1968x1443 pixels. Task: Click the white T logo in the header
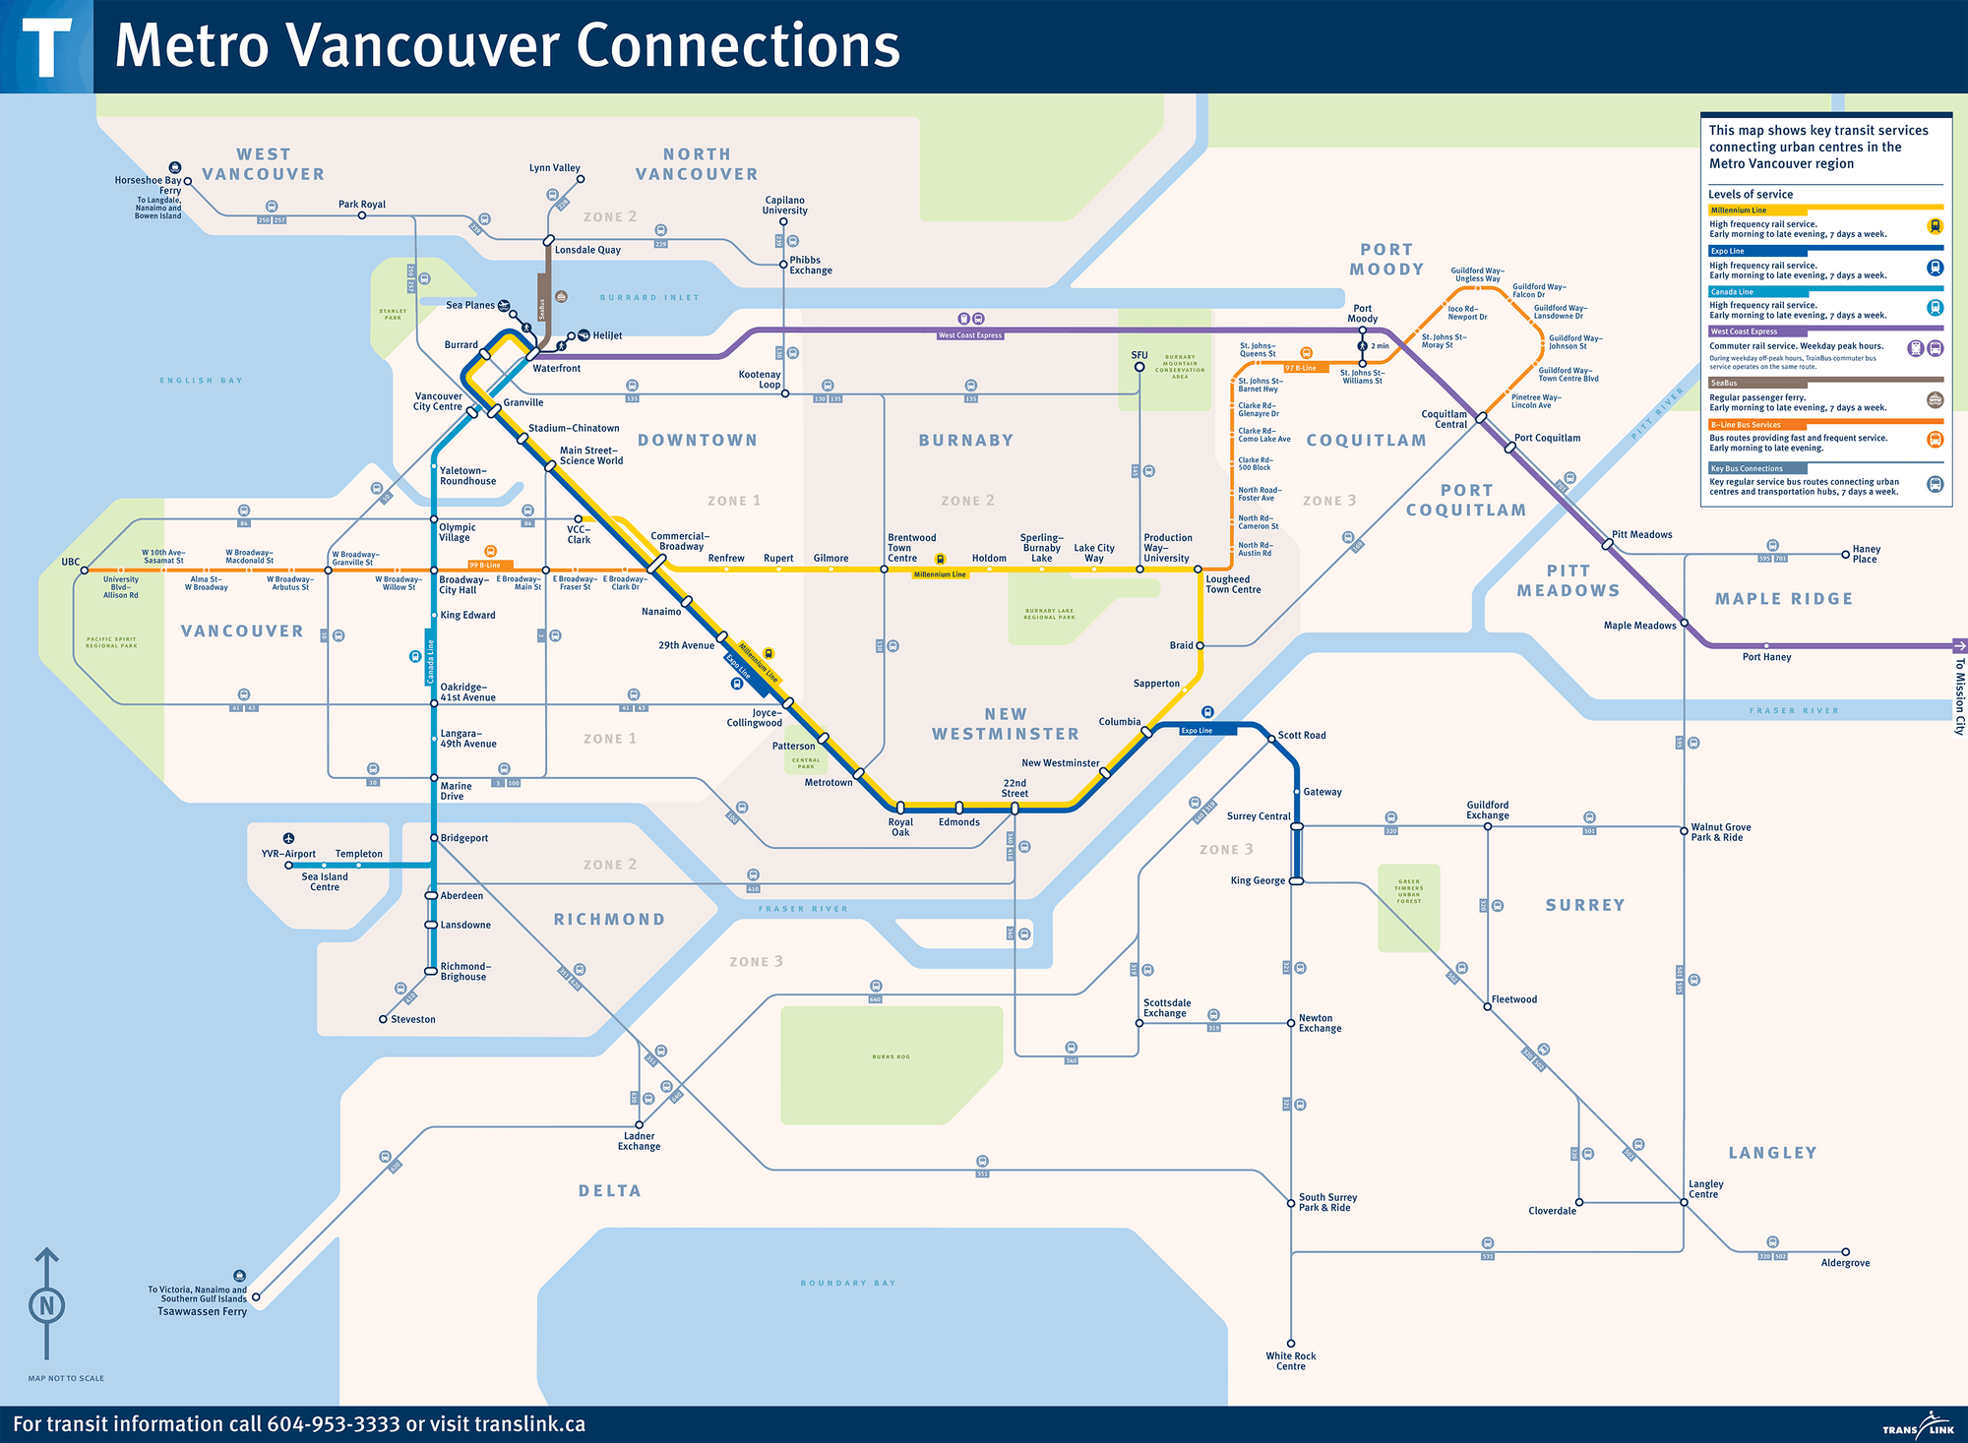coord(46,47)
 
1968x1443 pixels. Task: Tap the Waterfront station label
coord(556,368)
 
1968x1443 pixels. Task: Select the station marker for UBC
coord(85,571)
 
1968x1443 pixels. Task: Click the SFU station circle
coord(1139,367)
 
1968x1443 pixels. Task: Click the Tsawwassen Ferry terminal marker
coord(256,1297)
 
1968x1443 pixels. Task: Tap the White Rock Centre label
coord(1290,1361)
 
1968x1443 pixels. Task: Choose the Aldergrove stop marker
coord(1845,1252)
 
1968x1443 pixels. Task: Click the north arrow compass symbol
coord(46,1304)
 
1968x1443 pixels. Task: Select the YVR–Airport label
coord(288,854)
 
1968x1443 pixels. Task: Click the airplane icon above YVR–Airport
coord(288,838)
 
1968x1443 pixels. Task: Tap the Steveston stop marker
coord(383,1019)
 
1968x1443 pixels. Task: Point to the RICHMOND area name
coord(609,920)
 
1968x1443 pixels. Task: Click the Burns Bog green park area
coord(891,1062)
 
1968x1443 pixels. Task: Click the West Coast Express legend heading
coord(1744,331)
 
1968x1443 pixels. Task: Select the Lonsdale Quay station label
coord(587,250)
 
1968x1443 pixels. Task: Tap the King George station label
coord(1258,880)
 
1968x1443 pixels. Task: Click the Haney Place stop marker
coord(1845,555)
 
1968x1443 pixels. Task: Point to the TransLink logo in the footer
coord(1917,1428)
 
